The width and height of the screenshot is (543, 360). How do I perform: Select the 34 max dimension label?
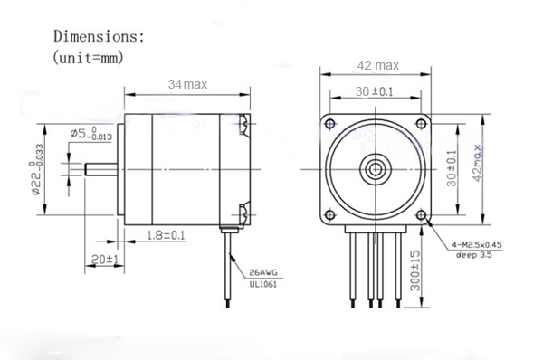click(x=187, y=84)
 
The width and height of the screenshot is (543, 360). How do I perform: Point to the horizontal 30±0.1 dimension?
click(x=374, y=91)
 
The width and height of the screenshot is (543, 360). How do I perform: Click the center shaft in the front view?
click(x=375, y=167)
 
